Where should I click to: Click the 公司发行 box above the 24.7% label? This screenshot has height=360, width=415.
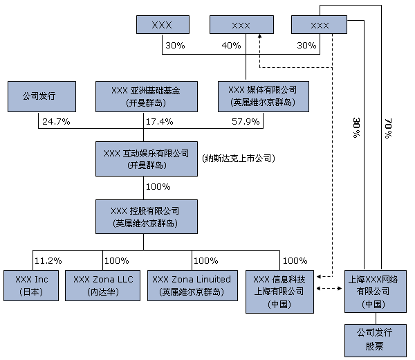39,97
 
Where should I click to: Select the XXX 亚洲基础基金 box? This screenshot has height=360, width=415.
144,97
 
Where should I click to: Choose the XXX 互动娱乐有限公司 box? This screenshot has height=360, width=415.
144,159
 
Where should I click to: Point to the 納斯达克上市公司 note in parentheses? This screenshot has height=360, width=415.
239,159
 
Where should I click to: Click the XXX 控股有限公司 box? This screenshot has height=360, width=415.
144,216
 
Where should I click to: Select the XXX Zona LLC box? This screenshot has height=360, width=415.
103,285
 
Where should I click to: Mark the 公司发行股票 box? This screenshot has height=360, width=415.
374,339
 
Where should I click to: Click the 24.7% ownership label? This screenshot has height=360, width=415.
55,122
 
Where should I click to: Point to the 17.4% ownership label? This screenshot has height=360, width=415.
158,122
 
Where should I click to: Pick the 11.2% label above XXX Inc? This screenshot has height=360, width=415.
48,260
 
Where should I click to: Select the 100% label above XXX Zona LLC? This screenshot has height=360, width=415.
116,260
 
